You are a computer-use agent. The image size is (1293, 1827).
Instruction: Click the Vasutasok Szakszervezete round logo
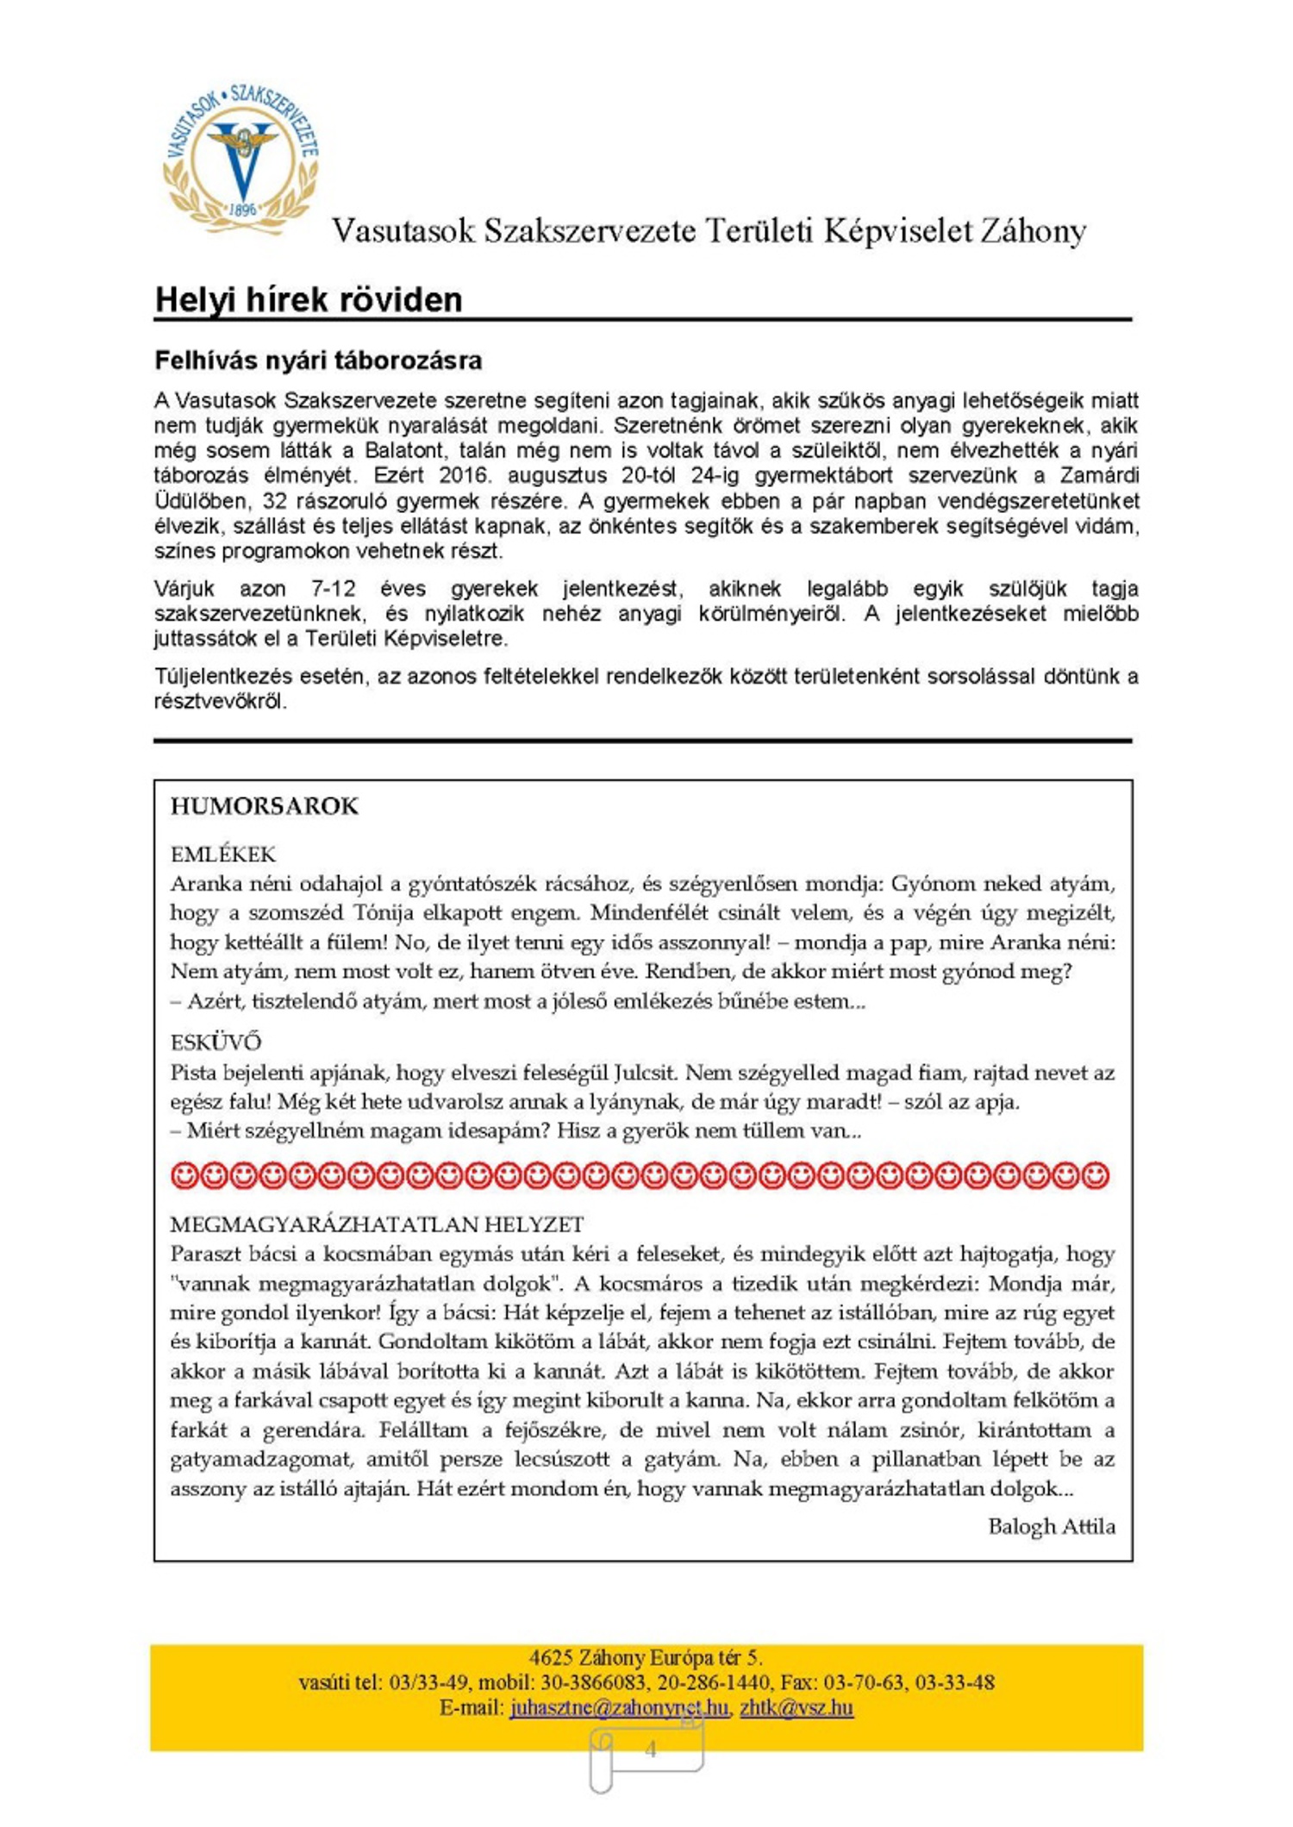(x=241, y=160)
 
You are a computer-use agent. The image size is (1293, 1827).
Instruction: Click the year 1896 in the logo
(x=243, y=210)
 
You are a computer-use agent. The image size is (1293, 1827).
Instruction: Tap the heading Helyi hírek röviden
(x=309, y=300)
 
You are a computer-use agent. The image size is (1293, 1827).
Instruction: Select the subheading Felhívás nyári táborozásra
(x=318, y=360)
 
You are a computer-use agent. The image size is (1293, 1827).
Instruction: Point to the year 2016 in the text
(x=464, y=475)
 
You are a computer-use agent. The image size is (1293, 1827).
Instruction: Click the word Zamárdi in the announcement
(x=1099, y=475)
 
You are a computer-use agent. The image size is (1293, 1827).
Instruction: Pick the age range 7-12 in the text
(x=333, y=589)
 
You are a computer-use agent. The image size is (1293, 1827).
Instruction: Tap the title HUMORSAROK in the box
(x=264, y=806)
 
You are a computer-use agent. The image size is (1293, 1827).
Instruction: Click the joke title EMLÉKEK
(x=223, y=854)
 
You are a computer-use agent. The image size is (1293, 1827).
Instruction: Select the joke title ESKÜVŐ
(x=215, y=1042)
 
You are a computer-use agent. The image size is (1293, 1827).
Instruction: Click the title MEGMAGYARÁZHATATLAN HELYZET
(x=377, y=1224)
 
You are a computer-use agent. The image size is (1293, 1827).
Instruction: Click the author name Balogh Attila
(x=1051, y=1526)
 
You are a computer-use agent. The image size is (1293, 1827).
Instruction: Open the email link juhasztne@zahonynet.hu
(x=619, y=1707)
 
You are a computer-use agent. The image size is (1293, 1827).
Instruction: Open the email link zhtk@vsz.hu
(x=796, y=1707)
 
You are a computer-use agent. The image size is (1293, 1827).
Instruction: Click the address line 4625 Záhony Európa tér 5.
(x=646, y=1657)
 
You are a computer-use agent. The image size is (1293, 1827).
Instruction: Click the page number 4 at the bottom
(x=651, y=1749)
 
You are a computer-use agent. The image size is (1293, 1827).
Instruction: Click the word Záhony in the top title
(x=1031, y=231)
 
